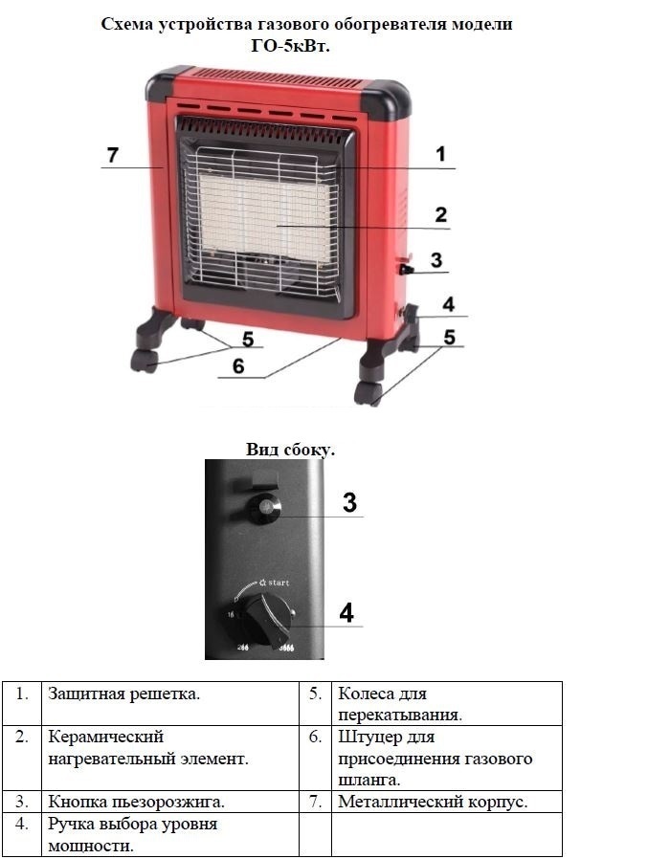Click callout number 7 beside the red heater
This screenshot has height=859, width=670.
[112, 155]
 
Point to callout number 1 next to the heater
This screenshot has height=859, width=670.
[441, 155]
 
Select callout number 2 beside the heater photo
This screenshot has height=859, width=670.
[441, 214]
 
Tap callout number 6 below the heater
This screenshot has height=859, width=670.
[238, 366]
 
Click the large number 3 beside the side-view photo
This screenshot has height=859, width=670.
[349, 502]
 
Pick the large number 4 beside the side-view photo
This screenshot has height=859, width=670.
[346, 612]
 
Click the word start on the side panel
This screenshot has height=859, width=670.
[278, 583]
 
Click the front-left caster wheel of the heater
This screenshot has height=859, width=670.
[145, 361]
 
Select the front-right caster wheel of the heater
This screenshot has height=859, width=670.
[368, 393]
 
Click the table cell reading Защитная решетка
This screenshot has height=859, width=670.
[170, 703]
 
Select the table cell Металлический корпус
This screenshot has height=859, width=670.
[447, 802]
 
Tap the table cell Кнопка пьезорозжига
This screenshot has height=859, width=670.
[170, 802]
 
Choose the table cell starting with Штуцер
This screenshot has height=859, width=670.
[447, 759]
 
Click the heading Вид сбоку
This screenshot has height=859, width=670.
[290, 450]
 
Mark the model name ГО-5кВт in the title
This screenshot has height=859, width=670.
[291, 47]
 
